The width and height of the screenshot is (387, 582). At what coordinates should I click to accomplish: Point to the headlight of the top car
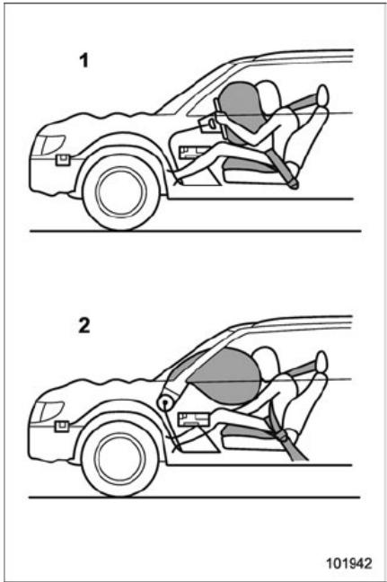click(x=49, y=145)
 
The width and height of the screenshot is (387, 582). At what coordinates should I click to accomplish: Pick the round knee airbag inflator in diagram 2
click(x=167, y=401)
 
